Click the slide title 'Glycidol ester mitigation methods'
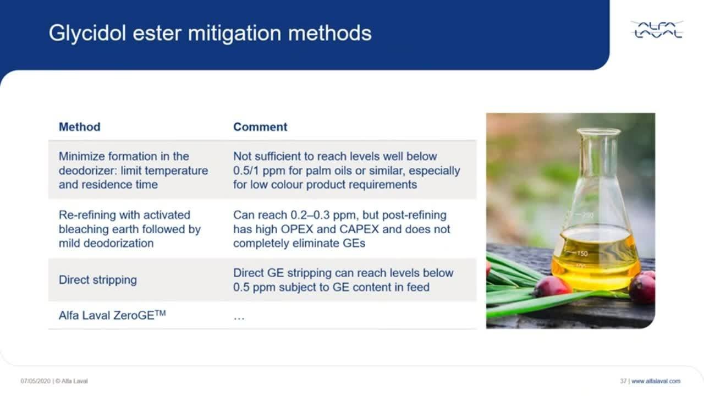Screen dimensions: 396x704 (x=210, y=34)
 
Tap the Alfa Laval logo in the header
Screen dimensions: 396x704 (x=657, y=30)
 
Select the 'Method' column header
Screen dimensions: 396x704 (x=79, y=127)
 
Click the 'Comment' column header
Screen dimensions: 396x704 (x=260, y=127)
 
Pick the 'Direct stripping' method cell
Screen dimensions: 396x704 (x=98, y=280)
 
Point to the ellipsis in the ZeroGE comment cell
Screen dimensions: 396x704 (x=239, y=317)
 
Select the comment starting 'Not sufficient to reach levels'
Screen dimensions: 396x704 (x=346, y=170)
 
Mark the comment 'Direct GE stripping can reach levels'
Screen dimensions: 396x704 (x=343, y=280)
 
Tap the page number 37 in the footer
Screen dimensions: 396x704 (x=623, y=381)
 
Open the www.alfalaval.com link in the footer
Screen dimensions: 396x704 (x=656, y=381)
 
